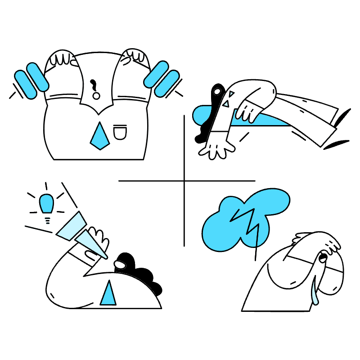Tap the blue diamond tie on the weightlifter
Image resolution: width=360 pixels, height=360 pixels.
click(99, 136)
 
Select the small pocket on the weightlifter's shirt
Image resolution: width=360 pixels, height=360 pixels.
click(120, 132)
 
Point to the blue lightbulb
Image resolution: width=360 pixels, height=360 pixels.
click(47, 203)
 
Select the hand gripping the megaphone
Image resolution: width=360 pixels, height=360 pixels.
click(98, 238)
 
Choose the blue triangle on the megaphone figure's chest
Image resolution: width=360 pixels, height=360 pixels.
click(108, 293)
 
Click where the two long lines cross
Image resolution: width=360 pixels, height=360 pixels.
click(184, 181)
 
